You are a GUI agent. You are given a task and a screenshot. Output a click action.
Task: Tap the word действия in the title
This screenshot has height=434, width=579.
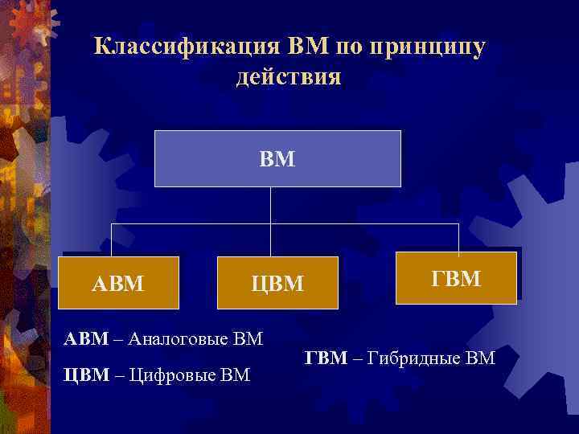coord(289,77)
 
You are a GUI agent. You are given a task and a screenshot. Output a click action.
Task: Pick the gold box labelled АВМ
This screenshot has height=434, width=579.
coord(119,283)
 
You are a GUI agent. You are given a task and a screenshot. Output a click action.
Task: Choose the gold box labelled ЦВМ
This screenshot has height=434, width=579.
coord(277,283)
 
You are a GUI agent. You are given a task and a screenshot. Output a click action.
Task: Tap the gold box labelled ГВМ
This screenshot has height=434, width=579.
coord(456,278)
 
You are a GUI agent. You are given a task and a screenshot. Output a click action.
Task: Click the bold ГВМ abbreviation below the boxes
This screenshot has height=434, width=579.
coord(326,357)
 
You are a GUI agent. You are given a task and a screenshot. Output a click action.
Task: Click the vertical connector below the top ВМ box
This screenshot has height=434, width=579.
coord(271,205)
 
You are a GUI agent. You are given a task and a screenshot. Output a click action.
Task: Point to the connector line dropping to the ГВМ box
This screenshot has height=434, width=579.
coord(458,237)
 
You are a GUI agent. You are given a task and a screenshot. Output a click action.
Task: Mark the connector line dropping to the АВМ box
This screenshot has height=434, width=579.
coord(112,240)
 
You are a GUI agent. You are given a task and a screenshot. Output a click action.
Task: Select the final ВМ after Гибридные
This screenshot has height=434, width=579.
coord(478,357)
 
